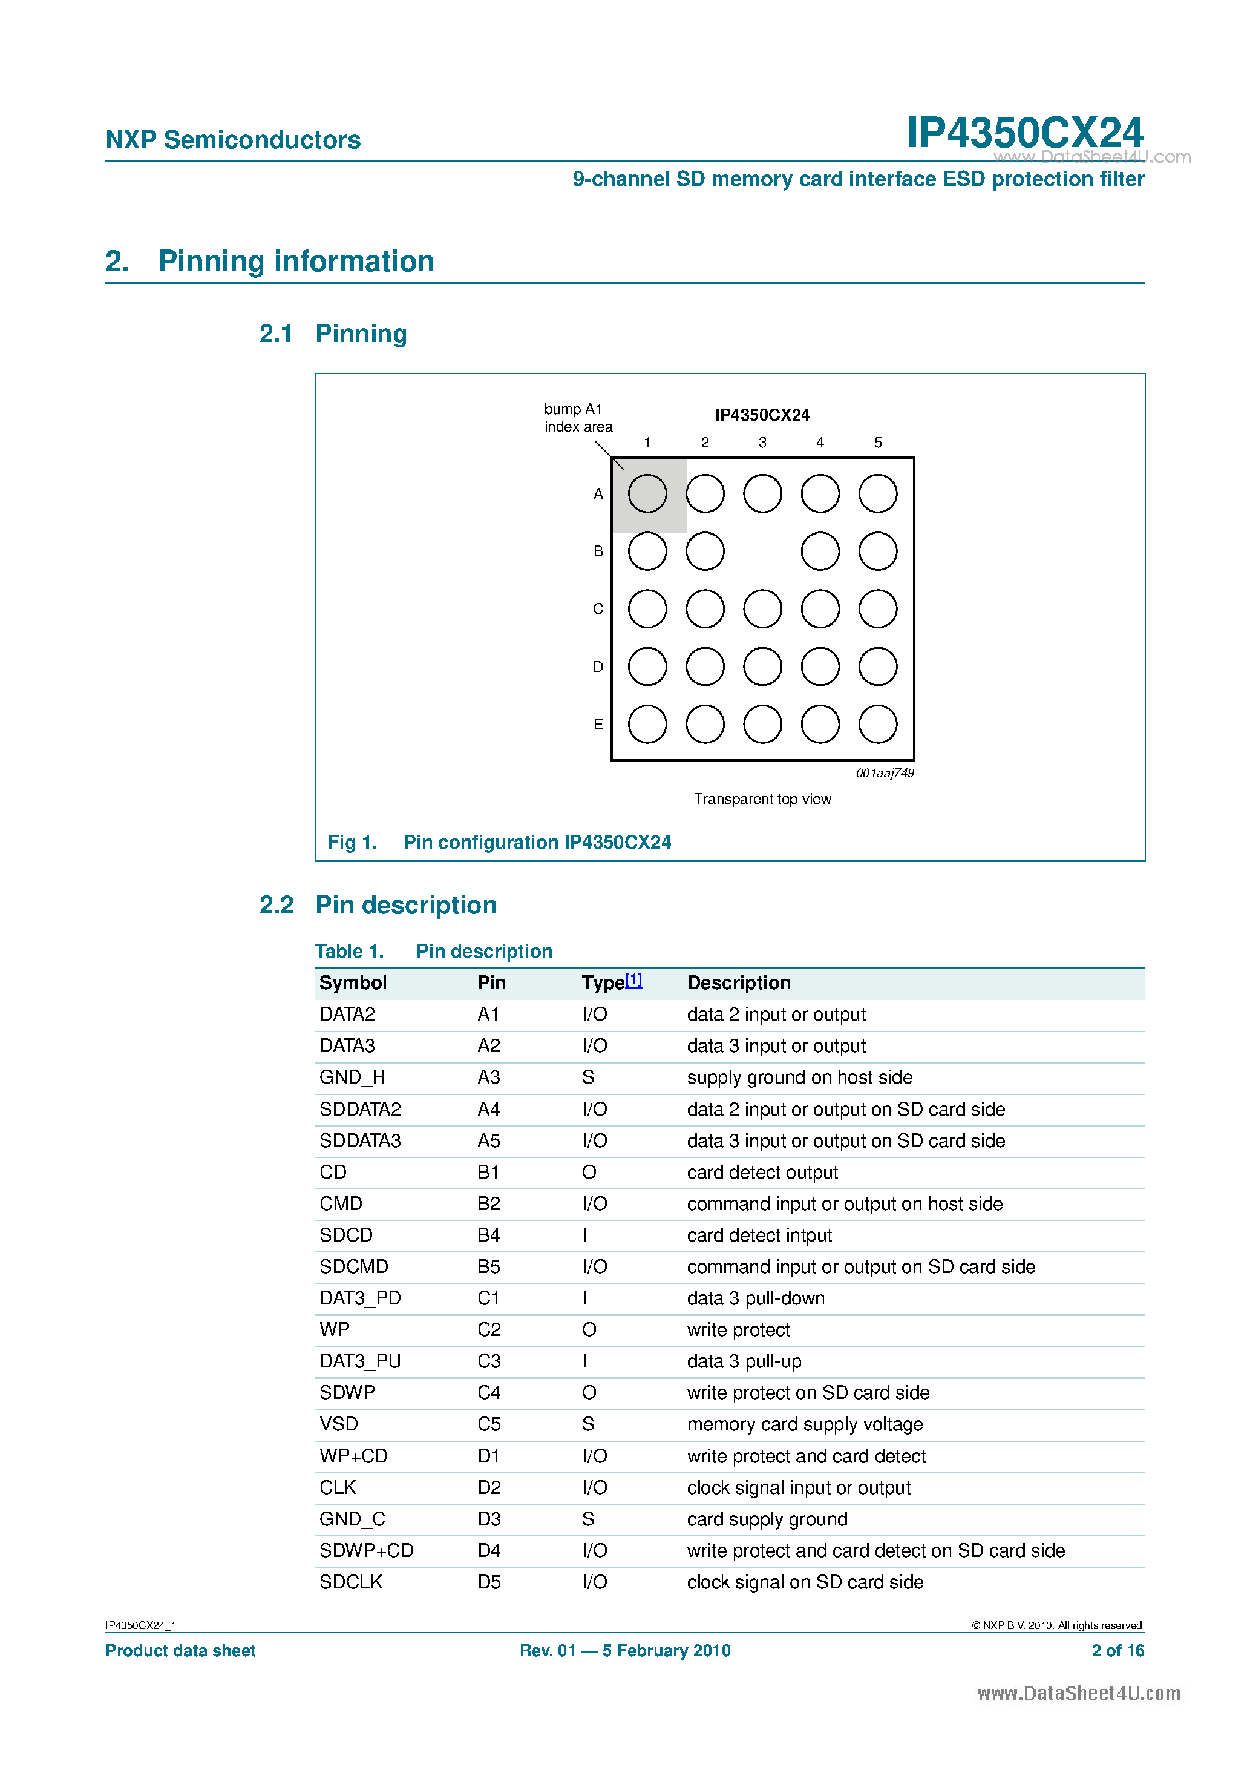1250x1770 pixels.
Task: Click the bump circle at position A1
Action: tap(647, 493)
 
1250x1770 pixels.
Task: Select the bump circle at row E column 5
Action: tap(878, 724)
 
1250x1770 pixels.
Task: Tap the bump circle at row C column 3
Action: tap(762, 609)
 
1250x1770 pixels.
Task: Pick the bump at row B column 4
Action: tap(820, 551)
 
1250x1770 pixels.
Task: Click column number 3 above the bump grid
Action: tap(762, 442)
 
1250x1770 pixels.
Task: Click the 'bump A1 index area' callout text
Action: tap(577, 418)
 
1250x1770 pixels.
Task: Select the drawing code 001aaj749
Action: tap(885, 773)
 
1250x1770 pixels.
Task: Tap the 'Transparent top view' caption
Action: tap(762, 798)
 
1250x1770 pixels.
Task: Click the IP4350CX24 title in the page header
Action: tap(1024, 133)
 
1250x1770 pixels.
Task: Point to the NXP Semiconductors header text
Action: tap(233, 140)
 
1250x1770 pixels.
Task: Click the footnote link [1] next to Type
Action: tap(633, 980)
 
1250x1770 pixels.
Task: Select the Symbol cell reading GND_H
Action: tap(352, 1077)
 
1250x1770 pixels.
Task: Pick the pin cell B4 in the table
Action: tap(489, 1235)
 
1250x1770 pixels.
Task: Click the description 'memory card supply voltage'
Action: tap(805, 1424)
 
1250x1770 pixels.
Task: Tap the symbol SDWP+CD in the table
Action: tap(366, 1550)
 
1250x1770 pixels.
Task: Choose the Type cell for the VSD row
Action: tap(588, 1424)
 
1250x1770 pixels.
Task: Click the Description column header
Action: tap(738, 983)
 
